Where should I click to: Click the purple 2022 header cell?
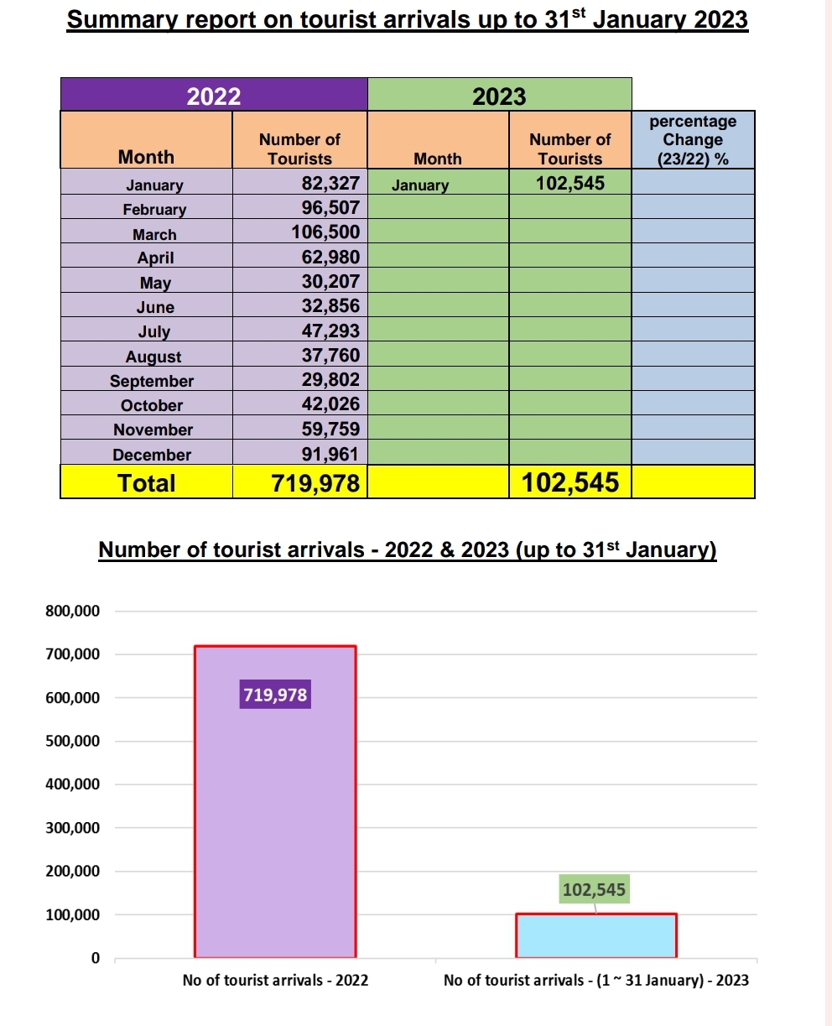click(214, 95)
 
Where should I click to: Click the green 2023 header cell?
click(499, 95)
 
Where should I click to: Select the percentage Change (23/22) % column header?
click(693, 140)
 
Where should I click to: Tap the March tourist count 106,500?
click(325, 232)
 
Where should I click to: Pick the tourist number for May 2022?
click(330, 281)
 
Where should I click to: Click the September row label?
click(152, 381)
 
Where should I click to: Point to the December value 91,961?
click(330, 454)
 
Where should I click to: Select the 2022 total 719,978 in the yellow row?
click(315, 483)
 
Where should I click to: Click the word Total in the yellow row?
click(147, 483)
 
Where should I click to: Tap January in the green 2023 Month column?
click(420, 185)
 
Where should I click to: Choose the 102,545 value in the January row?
click(570, 183)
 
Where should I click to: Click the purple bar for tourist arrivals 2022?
click(275, 801)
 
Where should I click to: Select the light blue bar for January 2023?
click(596, 935)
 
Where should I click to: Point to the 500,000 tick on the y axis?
click(73, 741)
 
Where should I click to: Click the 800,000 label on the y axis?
click(73, 611)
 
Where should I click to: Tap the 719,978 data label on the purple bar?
click(275, 694)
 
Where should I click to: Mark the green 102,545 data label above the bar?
click(594, 889)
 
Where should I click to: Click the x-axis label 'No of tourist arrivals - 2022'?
click(275, 980)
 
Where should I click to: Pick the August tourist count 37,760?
click(330, 355)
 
